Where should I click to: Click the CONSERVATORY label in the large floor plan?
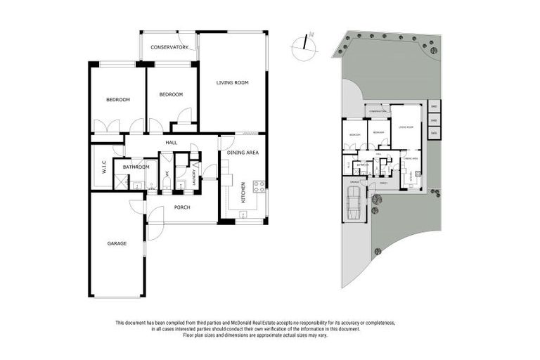tap(169, 47)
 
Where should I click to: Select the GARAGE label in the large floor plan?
tap(117, 243)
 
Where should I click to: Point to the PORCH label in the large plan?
tap(182, 207)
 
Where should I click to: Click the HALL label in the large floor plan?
tap(171, 143)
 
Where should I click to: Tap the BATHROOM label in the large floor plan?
tap(136, 167)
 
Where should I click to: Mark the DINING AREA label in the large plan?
tap(243, 153)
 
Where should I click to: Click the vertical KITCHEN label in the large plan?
tap(243, 191)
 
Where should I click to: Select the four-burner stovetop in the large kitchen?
tap(258, 186)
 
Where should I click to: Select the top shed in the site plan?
tap(434, 107)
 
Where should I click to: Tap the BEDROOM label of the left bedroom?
tap(118, 99)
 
